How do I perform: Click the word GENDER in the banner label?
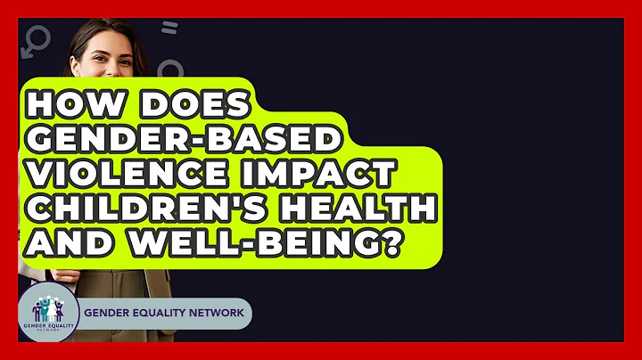(107, 315)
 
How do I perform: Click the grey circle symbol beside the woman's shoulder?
(169, 71)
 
